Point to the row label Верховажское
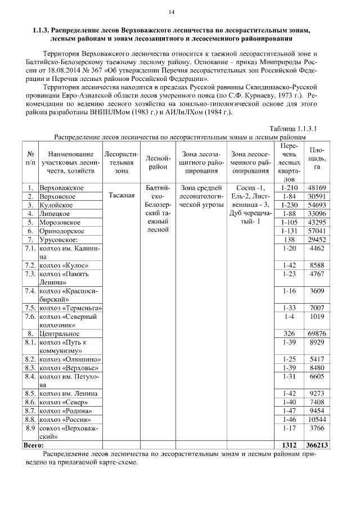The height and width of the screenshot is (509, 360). click(62, 187)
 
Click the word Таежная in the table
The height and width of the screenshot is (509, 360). click(120, 196)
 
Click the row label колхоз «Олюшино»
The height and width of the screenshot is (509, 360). click(70, 358)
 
